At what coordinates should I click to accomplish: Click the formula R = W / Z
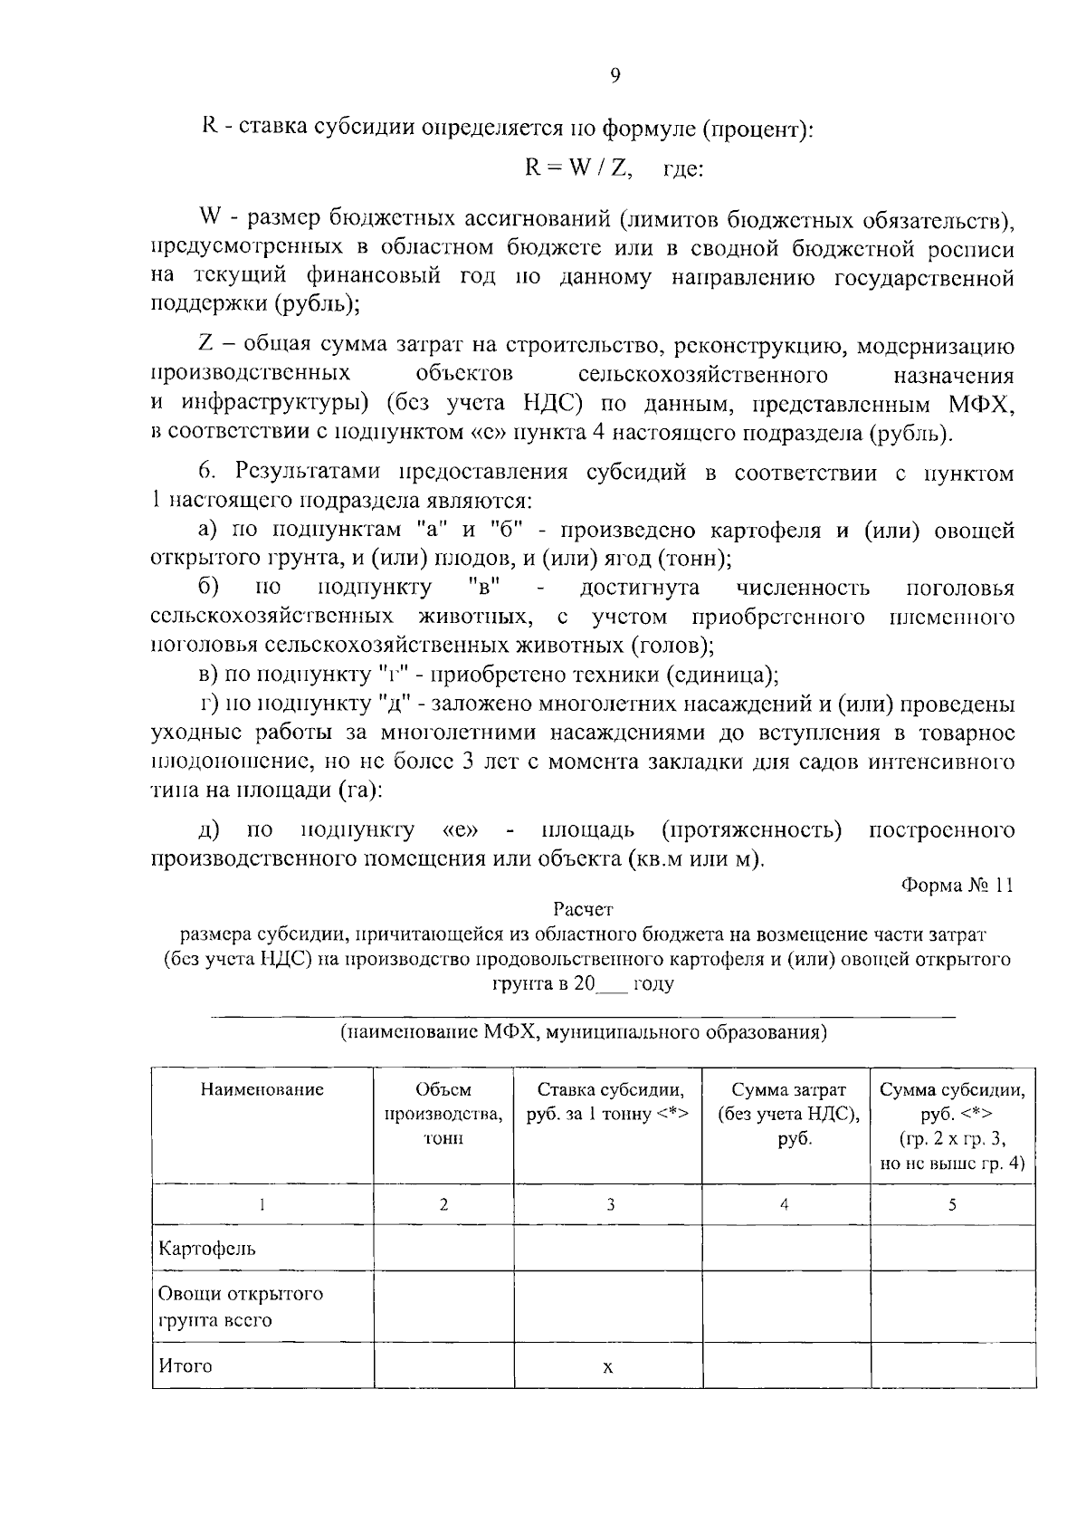[579, 168]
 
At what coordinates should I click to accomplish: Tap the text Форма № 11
[957, 886]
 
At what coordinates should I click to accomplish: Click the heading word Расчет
[583, 908]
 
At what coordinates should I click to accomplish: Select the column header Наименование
[262, 1089]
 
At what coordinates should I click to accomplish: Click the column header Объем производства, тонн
[443, 1114]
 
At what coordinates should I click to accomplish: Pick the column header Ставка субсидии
[608, 1101]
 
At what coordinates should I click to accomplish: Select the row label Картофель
[207, 1249]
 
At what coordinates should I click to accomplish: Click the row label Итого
[186, 1365]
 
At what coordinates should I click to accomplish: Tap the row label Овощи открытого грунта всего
[240, 1307]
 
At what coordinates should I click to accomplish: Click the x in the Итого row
[608, 1367]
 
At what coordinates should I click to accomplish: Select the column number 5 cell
[952, 1204]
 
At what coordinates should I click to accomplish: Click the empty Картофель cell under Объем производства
[443, 1249]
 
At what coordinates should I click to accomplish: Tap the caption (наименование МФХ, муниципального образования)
[583, 1032]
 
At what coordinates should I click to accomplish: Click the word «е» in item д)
[461, 830]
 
